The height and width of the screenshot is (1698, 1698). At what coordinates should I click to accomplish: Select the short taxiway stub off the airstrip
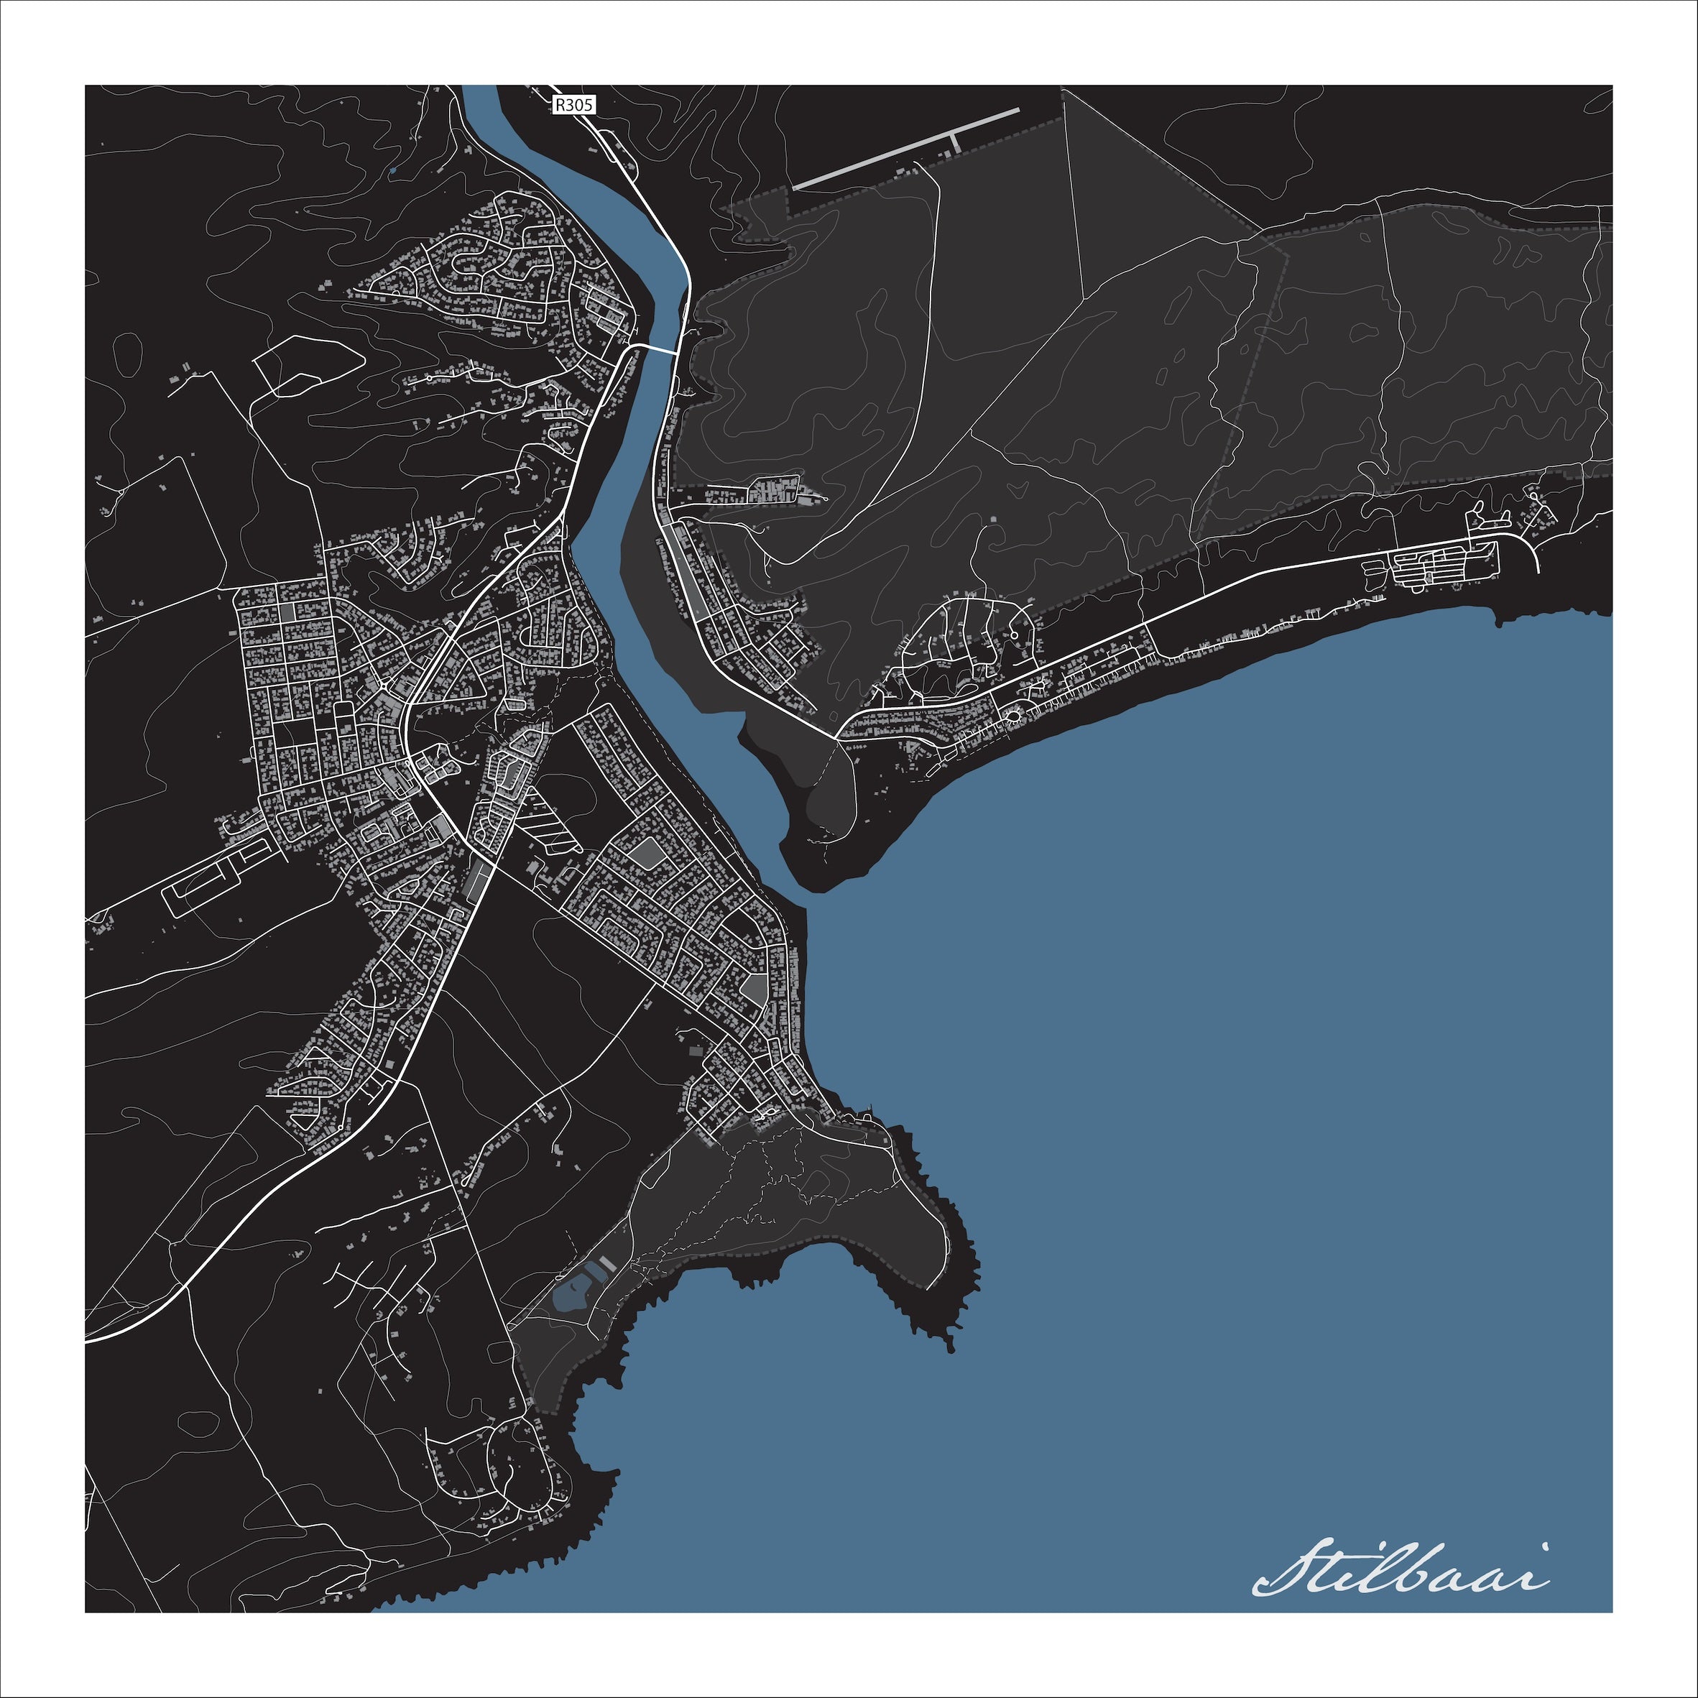pyautogui.click(x=954, y=141)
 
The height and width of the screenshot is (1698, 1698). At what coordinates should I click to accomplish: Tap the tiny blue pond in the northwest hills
pyautogui.click(x=392, y=170)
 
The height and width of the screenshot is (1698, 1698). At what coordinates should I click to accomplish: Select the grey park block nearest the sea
pyautogui.click(x=754, y=989)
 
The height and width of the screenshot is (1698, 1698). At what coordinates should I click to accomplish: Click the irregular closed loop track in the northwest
pyautogui.click(x=308, y=365)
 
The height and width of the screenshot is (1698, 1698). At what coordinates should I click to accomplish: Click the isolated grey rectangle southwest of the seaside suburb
pyautogui.click(x=697, y=1051)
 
